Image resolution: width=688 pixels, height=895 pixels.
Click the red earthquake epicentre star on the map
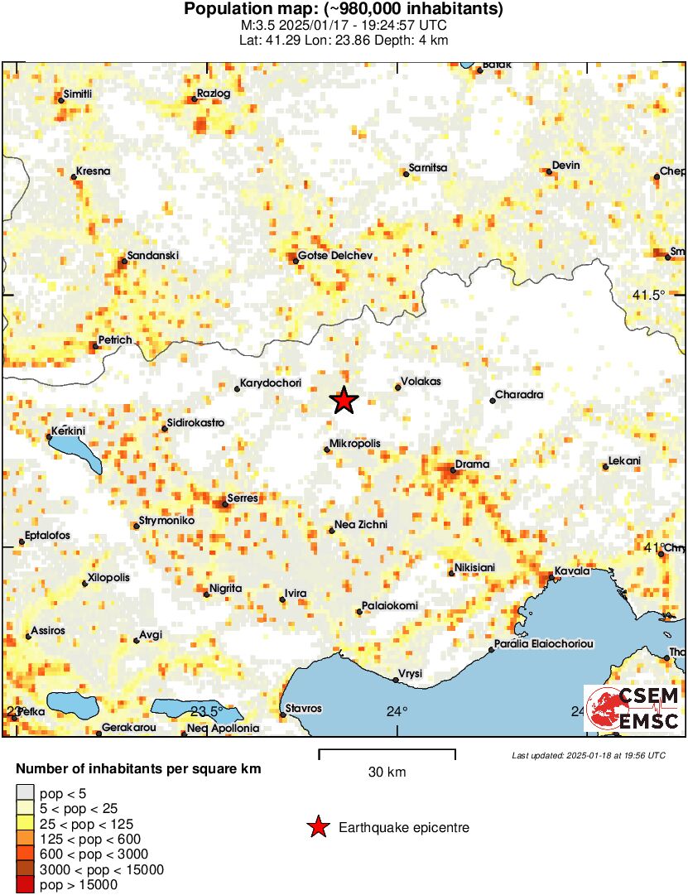[x=344, y=401]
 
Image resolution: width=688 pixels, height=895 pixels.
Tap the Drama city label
[x=473, y=464]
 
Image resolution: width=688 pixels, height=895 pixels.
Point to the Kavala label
[x=572, y=571]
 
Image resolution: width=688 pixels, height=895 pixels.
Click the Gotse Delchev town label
[x=331, y=256]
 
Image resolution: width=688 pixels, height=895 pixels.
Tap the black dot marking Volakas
[x=397, y=387]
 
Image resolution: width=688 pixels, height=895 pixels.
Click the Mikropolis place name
[x=355, y=444]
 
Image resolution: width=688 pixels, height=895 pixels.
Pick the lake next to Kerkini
[x=75, y=452]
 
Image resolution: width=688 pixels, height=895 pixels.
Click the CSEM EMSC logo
[x=633, y=709]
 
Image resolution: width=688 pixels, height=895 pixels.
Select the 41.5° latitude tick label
[x=649, y=296]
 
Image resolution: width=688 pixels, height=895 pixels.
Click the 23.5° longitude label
[x=207, y=711]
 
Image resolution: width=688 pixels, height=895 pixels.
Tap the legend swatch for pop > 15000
[x=26, y=885]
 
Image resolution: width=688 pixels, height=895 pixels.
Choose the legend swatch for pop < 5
[x=26, y=794]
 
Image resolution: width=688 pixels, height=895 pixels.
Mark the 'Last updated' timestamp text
[x=588, y=755]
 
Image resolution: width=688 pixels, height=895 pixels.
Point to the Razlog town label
[x=214, y=94]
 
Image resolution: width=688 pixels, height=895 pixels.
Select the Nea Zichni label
[x=360, y=525]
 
